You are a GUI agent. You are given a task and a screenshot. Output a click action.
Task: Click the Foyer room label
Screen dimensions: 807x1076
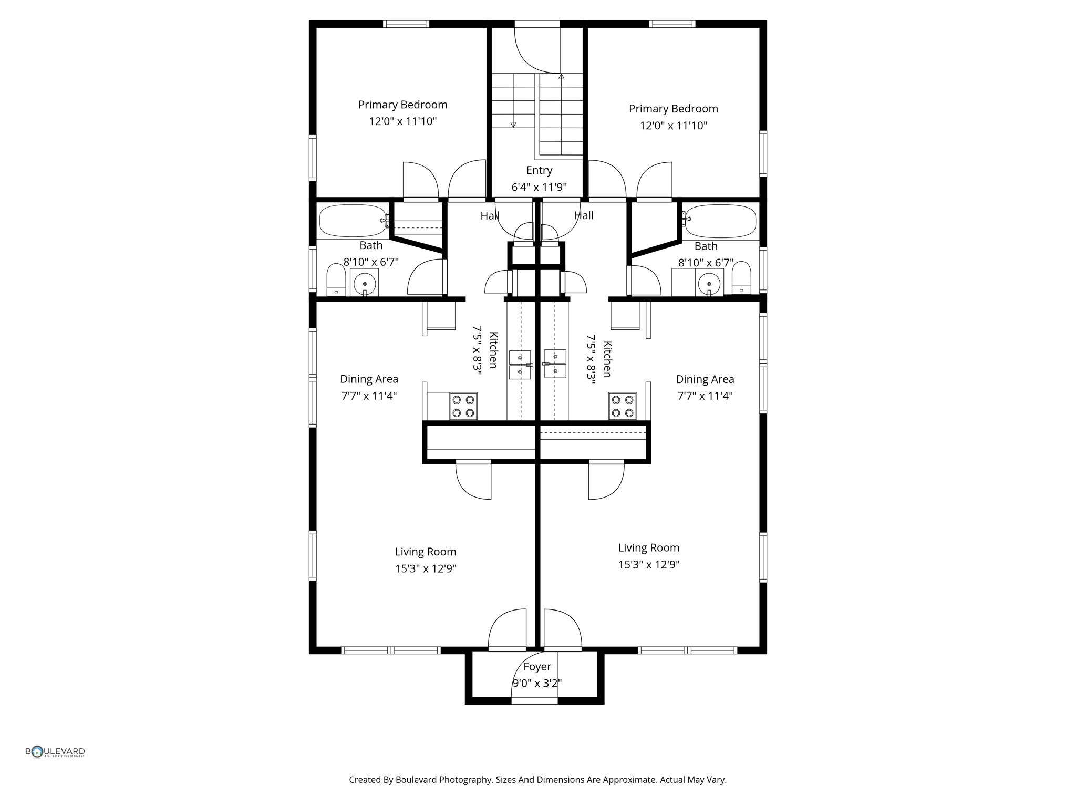coord(537,666)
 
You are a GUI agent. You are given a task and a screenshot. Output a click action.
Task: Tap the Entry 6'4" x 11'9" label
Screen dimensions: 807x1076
coord(539,179)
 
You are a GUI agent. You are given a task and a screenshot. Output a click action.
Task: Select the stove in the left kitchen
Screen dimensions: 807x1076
coord(463,406)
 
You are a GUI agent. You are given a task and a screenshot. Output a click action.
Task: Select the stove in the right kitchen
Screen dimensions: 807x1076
coord(623,406)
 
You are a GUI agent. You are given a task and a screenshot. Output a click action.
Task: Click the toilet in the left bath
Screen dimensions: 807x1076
coord(336,281)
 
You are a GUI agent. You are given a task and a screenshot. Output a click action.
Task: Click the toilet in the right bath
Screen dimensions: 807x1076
coord(741,278)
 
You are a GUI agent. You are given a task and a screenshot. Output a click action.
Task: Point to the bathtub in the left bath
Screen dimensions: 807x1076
coord(353,221)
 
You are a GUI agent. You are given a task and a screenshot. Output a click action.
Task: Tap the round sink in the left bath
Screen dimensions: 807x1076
coord(365,284)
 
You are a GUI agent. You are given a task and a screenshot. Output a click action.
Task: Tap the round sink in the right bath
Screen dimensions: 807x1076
coord(709,284)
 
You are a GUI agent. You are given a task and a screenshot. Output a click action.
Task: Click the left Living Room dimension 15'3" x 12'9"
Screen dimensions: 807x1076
coord(426,568)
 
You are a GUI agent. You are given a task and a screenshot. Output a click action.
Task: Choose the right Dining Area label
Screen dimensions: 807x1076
coord(705,379)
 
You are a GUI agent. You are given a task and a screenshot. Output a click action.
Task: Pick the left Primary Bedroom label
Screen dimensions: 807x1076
coord(402,105)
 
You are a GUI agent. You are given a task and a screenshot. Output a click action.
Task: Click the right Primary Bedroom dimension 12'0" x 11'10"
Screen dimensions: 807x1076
coord(673,126)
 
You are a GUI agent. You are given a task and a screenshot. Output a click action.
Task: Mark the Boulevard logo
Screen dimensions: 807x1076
coord(55,752)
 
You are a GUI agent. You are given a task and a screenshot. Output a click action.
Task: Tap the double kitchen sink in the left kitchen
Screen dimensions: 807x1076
coord(520,365)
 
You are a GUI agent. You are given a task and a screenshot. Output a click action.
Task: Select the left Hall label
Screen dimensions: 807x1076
coord(490,215)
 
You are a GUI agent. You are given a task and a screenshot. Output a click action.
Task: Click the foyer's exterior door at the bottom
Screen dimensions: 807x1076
coord(534,701)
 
